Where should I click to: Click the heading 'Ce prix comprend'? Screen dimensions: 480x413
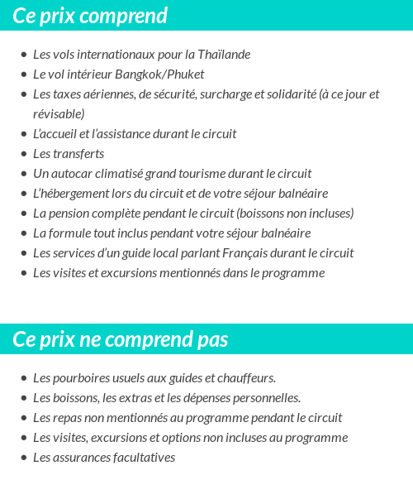click(90, 16)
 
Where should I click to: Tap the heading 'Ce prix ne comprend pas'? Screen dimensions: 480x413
click(121, 340)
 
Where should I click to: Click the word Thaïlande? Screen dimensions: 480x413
click(224, 55)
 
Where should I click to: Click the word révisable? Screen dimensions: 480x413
click(59, 113)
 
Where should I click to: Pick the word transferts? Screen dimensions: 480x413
click(78, 154)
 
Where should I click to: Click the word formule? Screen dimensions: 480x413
click(72, 233)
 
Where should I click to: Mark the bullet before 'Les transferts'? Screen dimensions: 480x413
click(23, 154)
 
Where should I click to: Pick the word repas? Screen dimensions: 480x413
click(68, 418)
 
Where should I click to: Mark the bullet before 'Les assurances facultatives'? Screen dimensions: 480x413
click(23, 458)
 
